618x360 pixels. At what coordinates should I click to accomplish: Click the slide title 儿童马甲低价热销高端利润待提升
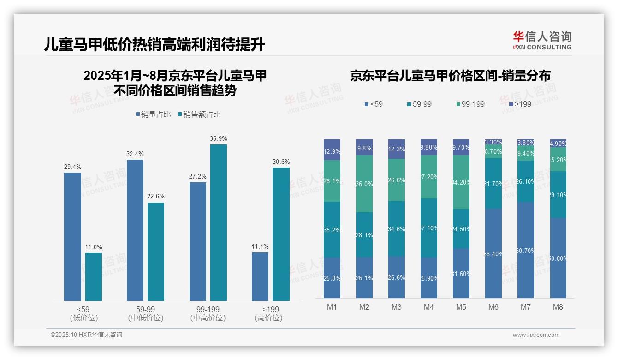pyautogui.click(x=155, y=44)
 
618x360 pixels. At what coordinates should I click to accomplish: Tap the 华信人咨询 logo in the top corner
pyautogui.click(x=542, y=40)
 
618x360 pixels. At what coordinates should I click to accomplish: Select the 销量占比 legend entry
pyautogui.click(x=155, y=114)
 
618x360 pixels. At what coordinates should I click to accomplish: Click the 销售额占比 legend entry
pyautogui.click(x=199, y=114)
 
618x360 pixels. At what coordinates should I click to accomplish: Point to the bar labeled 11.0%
pyautogui.click(x=94, y=276)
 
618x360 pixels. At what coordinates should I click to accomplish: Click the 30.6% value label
pyautogui.click(x=281, y=162)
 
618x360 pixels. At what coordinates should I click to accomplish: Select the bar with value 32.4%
pyautogui.click(x=135, y=230)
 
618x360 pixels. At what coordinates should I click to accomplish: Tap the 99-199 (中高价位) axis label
pyautogui.click(x=208, y=313)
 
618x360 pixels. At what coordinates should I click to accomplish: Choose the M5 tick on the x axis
pyautogui.click(x=461, y=307)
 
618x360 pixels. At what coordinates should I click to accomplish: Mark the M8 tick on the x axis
pyautogui.click(x=558, y=307)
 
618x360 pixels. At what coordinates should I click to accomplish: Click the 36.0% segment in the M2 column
pyautogui.click(x=364, y=184)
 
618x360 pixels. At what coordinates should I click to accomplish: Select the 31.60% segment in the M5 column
pyautogui.click(x=461, y=273)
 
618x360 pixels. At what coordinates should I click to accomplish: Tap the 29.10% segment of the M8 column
pyautogui.click(x=558, y=194)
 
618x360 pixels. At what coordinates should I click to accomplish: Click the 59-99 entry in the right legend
pyautogui.click(x=419, y=104)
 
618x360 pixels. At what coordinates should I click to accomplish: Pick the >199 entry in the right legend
pyautogui.click(x=520, y=104)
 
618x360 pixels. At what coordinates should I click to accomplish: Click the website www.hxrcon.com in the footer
pyautogui.click(x=536, y=335)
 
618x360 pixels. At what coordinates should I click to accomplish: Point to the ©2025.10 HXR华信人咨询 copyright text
pyautogui.click(x=86, y=335)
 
